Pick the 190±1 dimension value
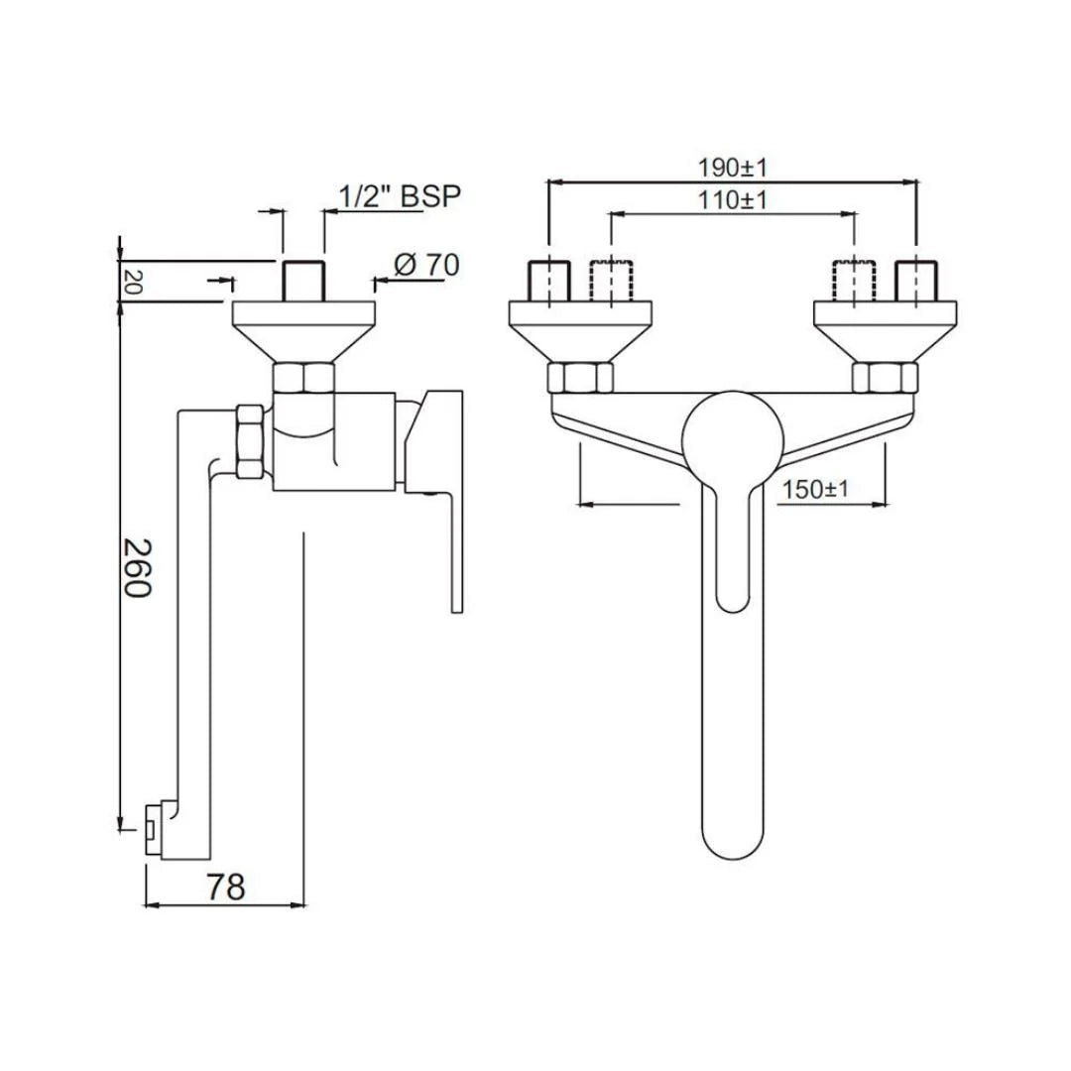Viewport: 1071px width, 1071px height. (733, 165)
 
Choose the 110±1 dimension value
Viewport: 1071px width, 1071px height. (733, 199)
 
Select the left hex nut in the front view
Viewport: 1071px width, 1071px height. (579, 378)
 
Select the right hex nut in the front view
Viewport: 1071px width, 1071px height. (885, 378)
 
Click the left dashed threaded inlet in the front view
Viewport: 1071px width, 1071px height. (610, 282)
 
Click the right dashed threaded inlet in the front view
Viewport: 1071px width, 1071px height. (854, 282)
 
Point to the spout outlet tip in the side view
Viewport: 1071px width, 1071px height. (152, 827)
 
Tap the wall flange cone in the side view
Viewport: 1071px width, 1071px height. (304, 331)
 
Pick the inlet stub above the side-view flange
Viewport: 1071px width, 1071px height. (303, 282)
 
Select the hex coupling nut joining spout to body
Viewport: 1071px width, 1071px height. (249, 440)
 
